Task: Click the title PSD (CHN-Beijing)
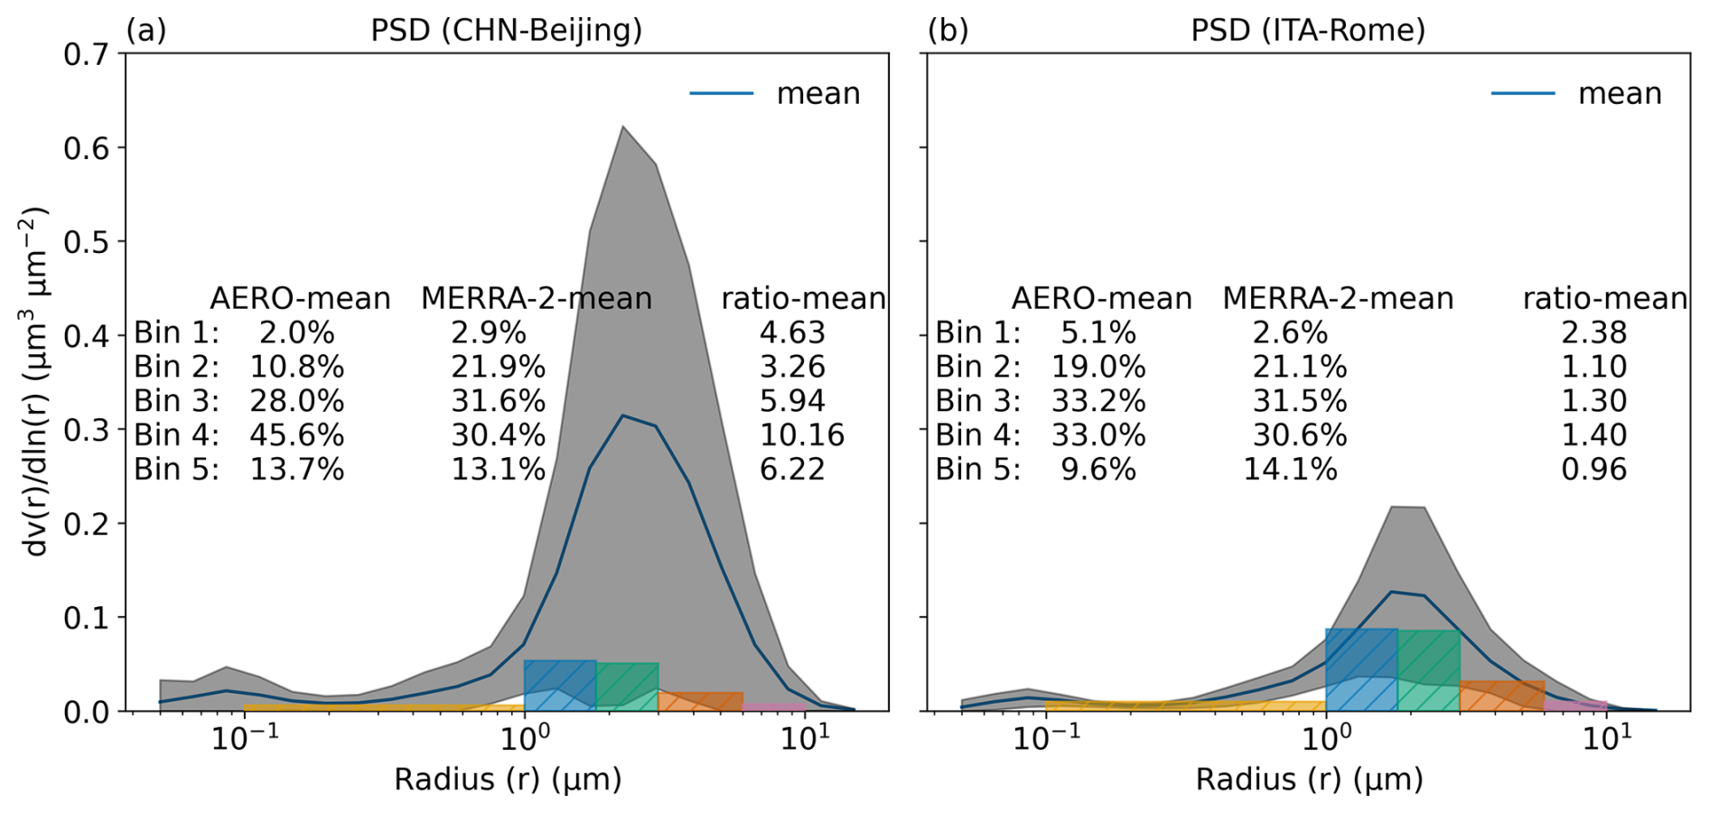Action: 506,30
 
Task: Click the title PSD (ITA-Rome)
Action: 1307,30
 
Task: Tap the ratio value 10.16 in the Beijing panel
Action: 801,435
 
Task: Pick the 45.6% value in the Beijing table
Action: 297,435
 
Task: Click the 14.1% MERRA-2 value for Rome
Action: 1290,470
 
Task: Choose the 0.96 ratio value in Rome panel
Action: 1593,470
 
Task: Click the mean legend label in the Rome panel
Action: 1620,94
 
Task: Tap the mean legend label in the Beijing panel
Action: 818,94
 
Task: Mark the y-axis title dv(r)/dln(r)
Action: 36,381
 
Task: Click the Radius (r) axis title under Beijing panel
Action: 508,780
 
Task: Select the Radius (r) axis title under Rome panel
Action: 1309,780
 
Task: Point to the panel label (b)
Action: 948,30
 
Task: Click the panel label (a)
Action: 145,30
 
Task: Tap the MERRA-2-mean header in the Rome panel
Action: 1338,298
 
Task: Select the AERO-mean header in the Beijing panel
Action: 300,298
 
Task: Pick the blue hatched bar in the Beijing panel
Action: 559,687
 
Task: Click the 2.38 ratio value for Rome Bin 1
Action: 1593,332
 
